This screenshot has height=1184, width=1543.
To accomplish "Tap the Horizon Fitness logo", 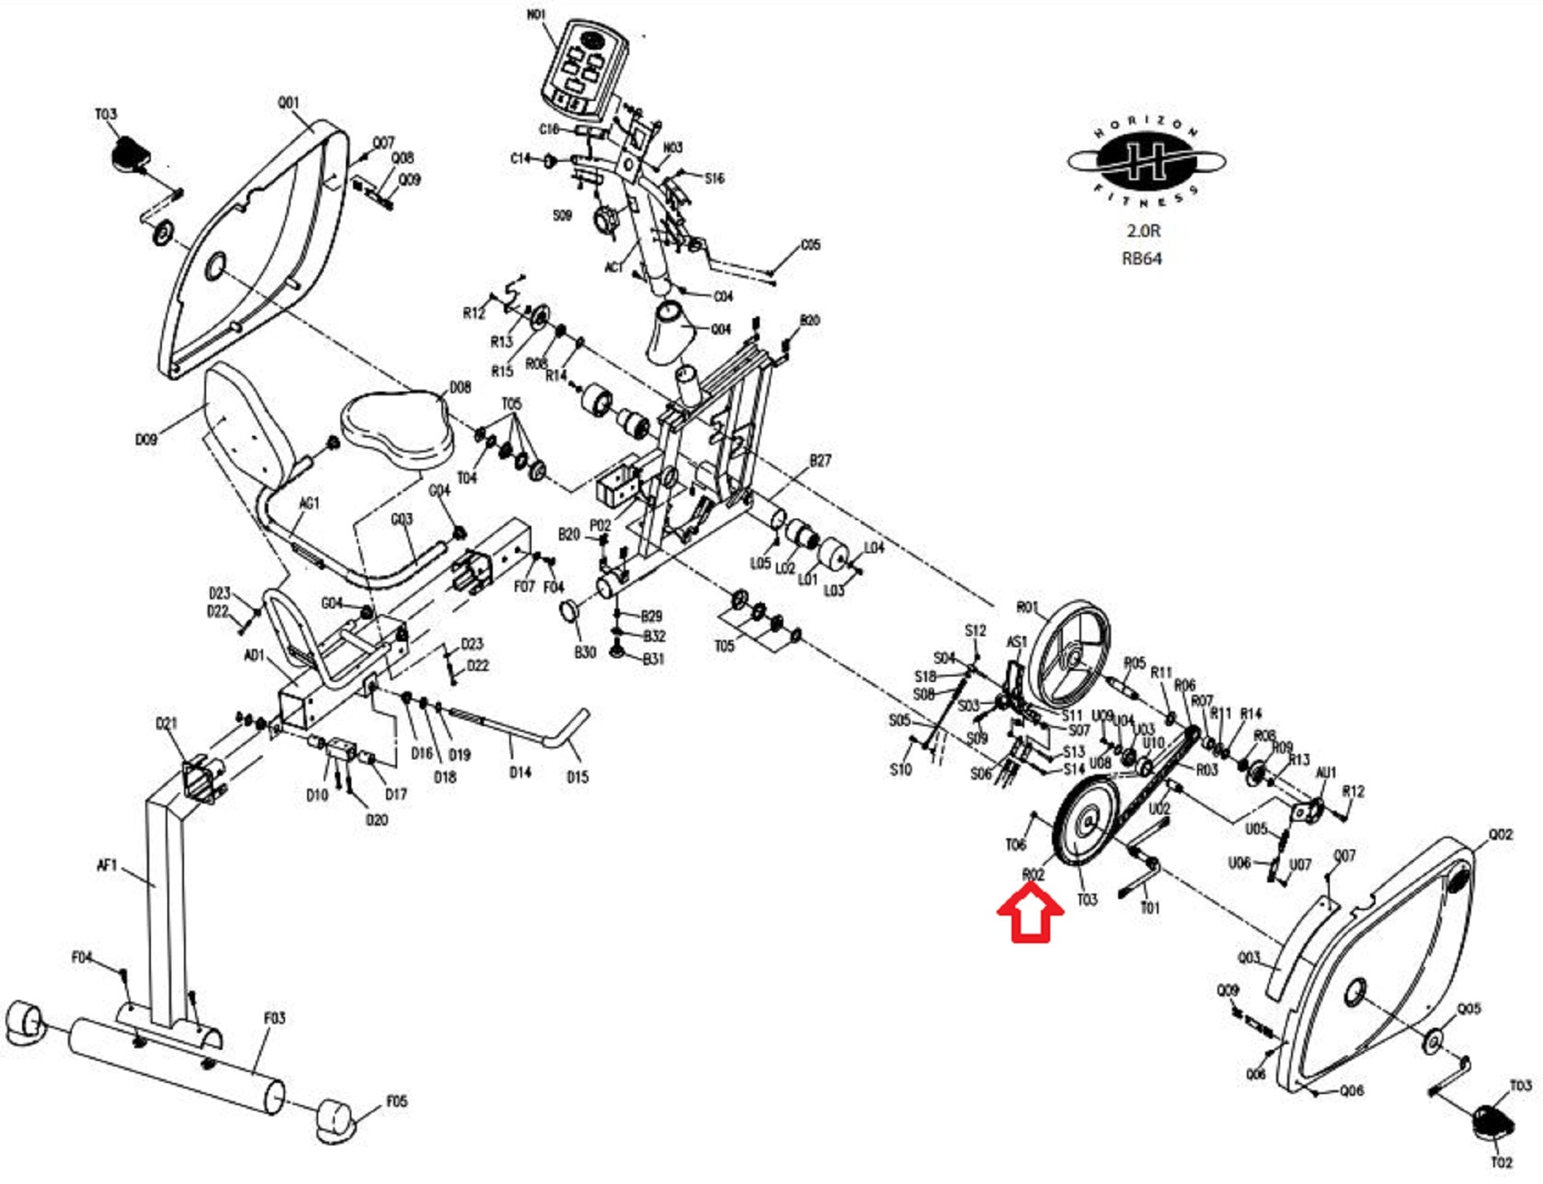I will click(x=1146, y=163).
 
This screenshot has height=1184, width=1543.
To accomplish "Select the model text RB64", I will click(x=1142, y=258).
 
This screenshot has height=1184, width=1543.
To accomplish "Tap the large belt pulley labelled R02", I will click(x=1085, y=821).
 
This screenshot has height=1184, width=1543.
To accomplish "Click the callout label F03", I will click(x=274, y=1018).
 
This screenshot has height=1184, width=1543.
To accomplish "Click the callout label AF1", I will click(x=107, y=866).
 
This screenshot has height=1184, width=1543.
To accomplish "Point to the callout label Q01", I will click(x=288, y=103).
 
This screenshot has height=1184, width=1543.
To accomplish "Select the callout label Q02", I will click(x=1500, y=834).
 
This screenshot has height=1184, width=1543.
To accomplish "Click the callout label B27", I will click(x=820, y=460).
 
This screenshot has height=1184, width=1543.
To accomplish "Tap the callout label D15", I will click(x=577, y=777).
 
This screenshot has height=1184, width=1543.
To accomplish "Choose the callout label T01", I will click(x=1150, y=909).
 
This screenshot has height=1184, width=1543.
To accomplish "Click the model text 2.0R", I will click(x=1143, y=230).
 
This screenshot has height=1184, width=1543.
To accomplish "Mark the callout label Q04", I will click(x=720, y=329).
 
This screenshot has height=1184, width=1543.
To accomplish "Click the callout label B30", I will click(x=584, y=652).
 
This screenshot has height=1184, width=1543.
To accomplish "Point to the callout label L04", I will click(x=873, y=547).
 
